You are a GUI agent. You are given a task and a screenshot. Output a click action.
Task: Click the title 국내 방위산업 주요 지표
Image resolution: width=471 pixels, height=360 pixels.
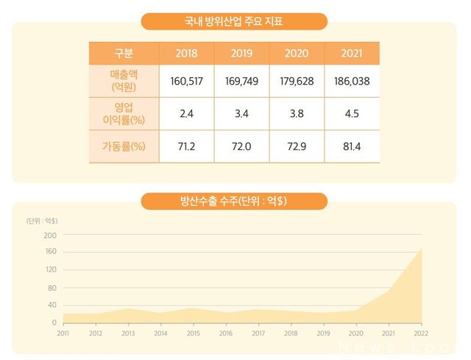click(234, 21)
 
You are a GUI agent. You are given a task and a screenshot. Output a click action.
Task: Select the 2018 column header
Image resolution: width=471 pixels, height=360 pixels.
click(187, 53)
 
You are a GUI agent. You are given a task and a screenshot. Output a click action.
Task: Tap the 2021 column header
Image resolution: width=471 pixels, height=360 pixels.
click(352, 53)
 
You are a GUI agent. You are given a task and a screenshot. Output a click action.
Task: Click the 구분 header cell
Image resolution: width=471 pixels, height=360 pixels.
click(124, 53)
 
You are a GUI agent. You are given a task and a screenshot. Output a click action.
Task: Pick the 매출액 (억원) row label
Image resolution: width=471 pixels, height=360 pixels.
click(124, 81)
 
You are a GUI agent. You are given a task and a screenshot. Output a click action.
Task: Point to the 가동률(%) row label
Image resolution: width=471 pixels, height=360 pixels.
click(124, 147)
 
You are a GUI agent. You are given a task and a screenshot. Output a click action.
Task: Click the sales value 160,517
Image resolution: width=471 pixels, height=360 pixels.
click(187, 81)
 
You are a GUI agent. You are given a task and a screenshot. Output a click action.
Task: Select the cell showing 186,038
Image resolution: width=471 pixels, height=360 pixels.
click(352, 81)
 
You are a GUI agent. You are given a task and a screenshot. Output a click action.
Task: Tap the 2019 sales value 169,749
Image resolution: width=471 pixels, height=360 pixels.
click(241, 81)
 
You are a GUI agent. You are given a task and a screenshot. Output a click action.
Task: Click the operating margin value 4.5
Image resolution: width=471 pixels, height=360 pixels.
click(352, 114)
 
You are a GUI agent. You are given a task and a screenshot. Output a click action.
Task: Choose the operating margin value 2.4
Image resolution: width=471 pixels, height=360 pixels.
click(187, 114)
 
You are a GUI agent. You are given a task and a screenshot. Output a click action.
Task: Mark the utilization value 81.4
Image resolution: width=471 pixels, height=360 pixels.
click(352, 147)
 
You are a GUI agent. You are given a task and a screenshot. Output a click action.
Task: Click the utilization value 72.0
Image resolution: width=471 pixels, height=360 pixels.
click(241, 147)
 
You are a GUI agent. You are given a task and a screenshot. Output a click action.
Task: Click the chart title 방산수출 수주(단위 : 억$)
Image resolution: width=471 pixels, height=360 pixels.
click(233, 201)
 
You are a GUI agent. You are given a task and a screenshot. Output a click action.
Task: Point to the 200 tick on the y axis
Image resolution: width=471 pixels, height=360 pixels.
click(50, 235)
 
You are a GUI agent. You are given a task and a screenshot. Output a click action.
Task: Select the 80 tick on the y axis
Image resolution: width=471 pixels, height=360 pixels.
click(52, 288)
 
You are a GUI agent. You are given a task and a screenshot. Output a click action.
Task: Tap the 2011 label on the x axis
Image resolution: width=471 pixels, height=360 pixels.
click(63, 333)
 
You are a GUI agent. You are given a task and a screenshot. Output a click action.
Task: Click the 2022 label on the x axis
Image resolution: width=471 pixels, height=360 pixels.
click(421, 333)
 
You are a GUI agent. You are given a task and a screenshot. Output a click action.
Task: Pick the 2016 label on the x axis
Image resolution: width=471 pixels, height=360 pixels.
click(226, 333)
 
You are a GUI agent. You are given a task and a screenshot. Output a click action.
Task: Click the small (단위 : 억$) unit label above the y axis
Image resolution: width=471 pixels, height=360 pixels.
click(42, 221)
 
